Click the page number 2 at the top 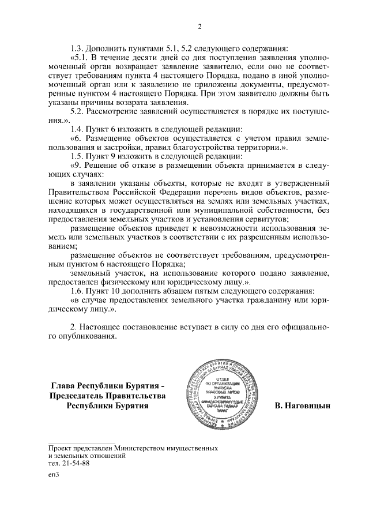pyautogui.click(x=199, y=27)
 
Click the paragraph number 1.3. pyautogui.click(x=78, y=48)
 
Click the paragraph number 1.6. pyautogui.click(x=78, y=291)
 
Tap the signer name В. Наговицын pyautogui.click(x=302, y=406)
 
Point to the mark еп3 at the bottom pyautogui.click(x=54, y=475)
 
